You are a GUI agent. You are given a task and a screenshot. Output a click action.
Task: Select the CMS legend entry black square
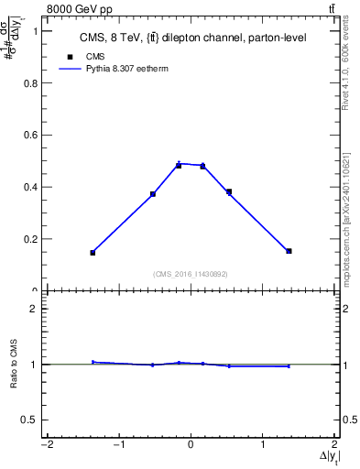[x=70, y=56]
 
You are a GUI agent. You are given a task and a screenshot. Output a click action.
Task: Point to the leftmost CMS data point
[x=93, y=253]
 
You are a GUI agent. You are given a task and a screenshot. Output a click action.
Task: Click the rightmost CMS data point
[x=289, y=251]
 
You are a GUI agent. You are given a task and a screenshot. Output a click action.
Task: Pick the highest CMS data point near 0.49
[x=179, y=165]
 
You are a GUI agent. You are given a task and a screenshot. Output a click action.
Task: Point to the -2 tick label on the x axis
[x=44, y=446]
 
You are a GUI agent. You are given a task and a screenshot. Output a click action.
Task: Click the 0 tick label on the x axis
[x=191, y=446]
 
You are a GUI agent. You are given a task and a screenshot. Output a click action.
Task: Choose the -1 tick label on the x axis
[x=116, y=446]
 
